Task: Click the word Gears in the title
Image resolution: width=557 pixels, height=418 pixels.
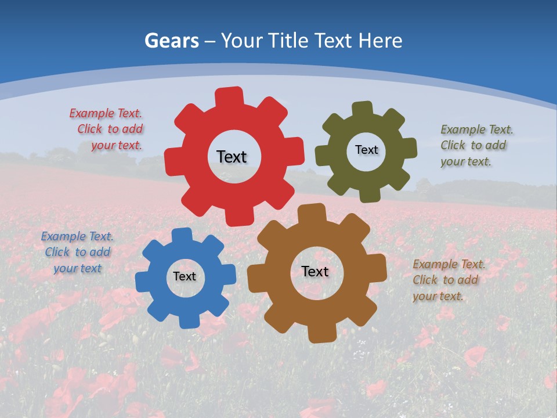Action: coord(172,41)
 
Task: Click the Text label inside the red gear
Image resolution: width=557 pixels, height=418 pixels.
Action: coord(232,157)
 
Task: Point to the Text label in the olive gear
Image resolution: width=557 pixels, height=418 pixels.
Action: coord(366,150)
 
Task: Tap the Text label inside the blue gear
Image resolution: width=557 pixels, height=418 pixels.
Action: coord(185,277)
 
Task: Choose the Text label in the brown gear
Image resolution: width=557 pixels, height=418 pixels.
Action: coord(315,272)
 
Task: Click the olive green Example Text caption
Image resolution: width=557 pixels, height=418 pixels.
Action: coord(476,145)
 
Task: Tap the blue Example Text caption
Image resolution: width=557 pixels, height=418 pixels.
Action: coord(77,252)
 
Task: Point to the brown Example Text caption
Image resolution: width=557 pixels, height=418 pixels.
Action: coord(449,280)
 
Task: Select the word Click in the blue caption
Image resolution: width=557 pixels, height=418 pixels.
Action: coord(57,252)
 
